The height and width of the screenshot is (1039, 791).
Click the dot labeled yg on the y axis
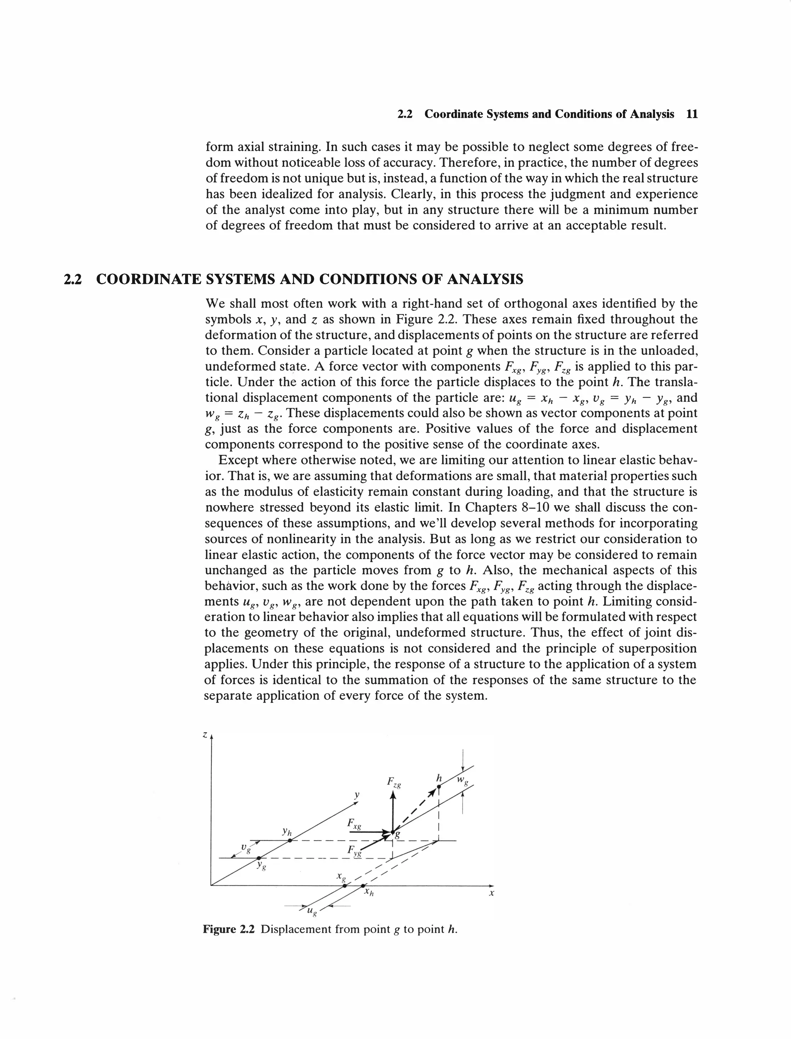pyautogui.click(x=258, y=858)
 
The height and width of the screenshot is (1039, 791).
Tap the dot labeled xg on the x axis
pyautogui.click(x=345, y=886)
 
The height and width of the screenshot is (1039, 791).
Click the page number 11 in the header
pyautogui.click(x=692, y=114)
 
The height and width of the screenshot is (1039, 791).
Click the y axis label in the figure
pyautogui.click(x=357, y=795)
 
